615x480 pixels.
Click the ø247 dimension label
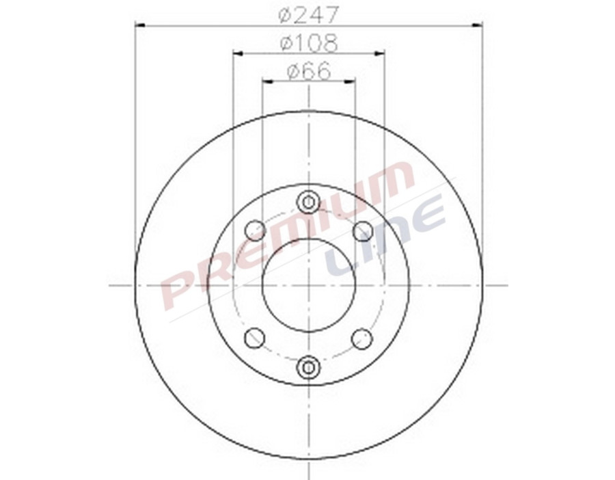tap(310, 14)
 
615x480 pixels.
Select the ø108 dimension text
tap(309, 43)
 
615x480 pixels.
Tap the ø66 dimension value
tap(309, 71)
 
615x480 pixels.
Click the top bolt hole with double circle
tap(309, 202)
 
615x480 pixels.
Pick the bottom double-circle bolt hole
tap(309, 367)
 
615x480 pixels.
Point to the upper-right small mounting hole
tap(362, 230)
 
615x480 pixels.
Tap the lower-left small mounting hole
tap(255, 337)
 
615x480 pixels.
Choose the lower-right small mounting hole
tap(362, 338)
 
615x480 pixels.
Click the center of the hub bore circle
tap(309, 284)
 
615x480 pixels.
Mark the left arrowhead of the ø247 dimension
tap(140, 25)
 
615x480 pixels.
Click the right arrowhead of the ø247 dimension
tap(478, 25)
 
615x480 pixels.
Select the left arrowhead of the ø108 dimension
tap(238, 53)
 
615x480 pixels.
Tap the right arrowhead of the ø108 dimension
tap(380, 53)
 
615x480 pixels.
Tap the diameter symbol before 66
tap(293, 71)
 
